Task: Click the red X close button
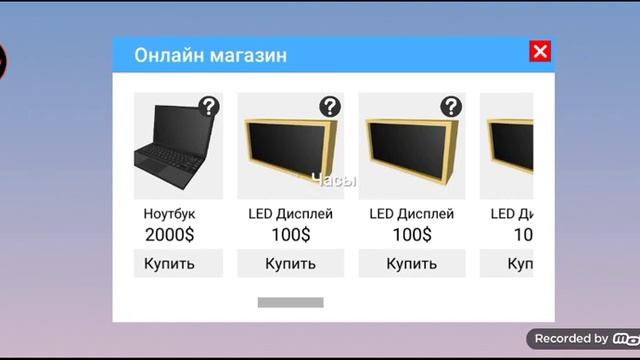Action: (x=540, y=52)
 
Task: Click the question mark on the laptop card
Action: (x=208, y=107)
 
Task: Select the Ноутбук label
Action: (x=169, y=214)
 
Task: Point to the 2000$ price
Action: (x=169, y=235)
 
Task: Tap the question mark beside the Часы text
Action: (x=330, y=107)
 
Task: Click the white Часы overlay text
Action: (x=334, y=181)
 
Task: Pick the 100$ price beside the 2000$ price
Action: (x=290, y=235)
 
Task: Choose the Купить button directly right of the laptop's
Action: (x=290, y=264)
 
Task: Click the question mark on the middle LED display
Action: (x=451, y=107)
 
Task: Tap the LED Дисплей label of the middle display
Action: (x=411, y=214)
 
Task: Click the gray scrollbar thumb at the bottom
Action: (x=290, y=302)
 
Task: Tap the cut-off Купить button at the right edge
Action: (x=520, y=264)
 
